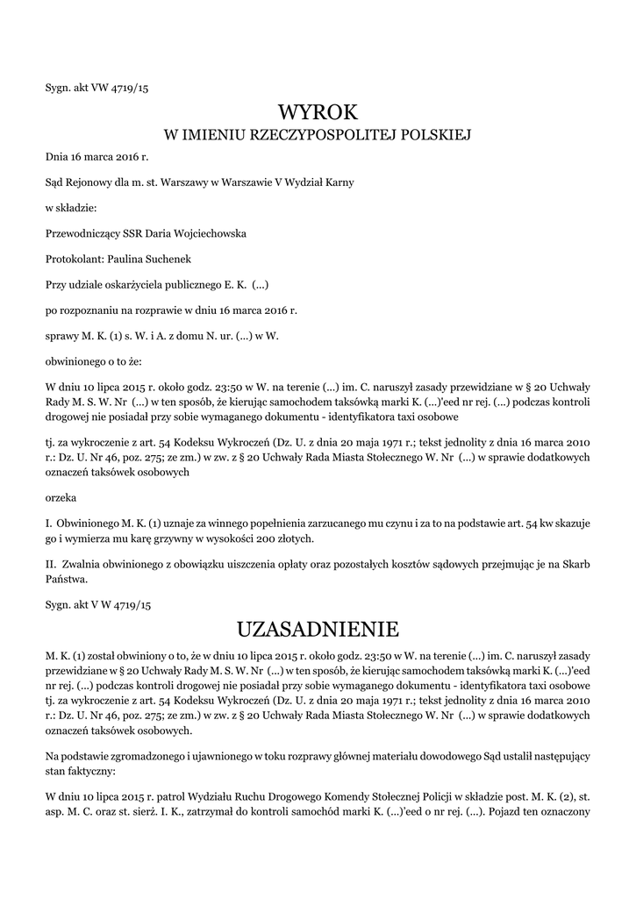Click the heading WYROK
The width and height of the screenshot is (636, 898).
[318, 112]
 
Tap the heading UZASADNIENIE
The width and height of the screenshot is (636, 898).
[318, 629]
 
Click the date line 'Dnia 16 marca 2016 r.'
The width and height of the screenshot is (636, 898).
[97, 158]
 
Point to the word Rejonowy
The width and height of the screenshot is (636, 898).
[87, 183]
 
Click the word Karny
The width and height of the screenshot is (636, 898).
[339, 183]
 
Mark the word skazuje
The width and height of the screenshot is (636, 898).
[571, 522]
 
